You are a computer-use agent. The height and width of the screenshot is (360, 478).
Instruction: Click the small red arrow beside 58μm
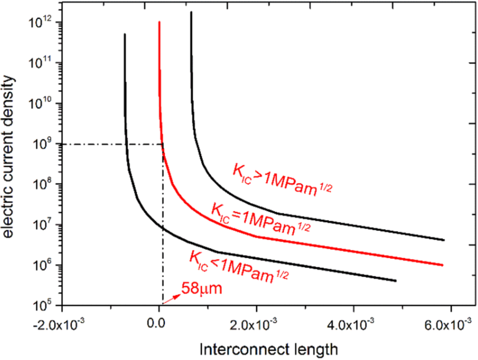tap(172, 297)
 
